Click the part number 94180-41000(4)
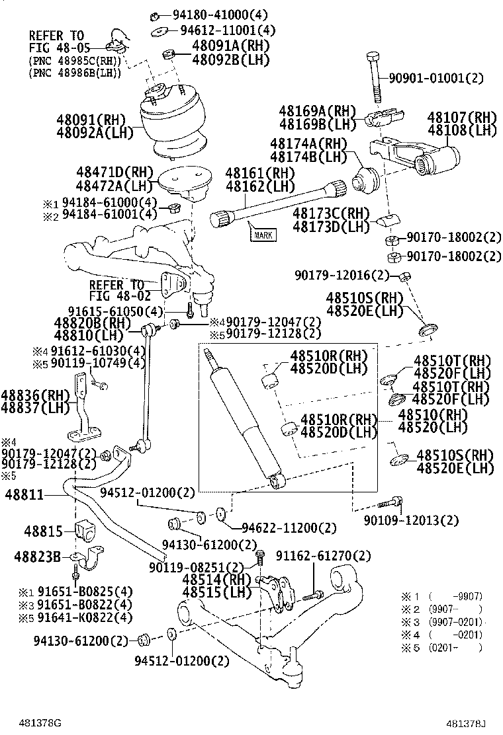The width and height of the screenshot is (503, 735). (221, 15)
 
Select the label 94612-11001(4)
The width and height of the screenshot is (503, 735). (228, 30)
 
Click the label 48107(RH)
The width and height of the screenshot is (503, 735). (461, 118)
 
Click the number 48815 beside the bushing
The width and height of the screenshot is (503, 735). (44, 531)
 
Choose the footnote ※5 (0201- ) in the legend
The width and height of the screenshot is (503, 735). (453, 648)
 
